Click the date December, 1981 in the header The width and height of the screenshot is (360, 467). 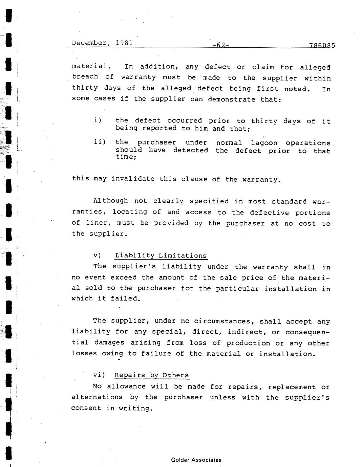coord(102,43)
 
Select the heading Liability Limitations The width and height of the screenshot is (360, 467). coord(161,256)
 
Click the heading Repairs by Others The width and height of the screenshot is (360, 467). coord(151,375)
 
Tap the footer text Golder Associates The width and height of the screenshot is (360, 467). coord(196,460)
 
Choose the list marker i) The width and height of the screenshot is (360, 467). coord(98,120)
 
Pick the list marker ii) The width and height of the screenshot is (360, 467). coord(100,142)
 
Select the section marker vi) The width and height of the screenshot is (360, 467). coord(99,375)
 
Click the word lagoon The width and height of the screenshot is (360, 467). coord(264,143)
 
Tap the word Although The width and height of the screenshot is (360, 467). coord(110,201)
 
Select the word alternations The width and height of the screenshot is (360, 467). coord(97,397)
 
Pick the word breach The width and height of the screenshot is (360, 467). coord(85,77)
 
